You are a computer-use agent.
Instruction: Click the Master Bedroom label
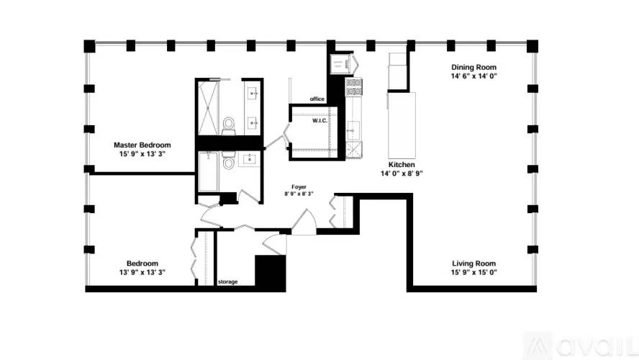pos(142,145)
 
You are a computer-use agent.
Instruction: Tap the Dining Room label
pos(473,67)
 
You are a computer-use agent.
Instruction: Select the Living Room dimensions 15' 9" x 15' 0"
pos(473,272)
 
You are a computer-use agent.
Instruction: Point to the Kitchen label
pos(402,164)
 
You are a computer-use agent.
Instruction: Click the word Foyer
pos(299,186)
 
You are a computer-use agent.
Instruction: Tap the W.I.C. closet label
pos(320,121)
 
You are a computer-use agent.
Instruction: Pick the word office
pos(317,99)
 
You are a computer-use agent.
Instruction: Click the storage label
pos(228,282)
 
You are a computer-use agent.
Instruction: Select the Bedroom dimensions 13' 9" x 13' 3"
pos(142,272)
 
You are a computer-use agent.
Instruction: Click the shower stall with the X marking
pos(208,108)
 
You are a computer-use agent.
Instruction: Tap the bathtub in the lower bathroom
pos(208,171)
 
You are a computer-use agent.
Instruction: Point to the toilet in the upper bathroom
pos(229,125)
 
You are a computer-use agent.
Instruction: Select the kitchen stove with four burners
pos(354,87)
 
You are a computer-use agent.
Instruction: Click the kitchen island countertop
pos(402,125)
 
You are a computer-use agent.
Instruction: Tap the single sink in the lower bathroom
pos(250,159)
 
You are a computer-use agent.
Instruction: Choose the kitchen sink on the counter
pos(353,130)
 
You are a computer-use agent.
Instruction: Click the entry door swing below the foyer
pos(304,222)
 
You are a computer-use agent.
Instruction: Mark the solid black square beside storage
pos(270,273)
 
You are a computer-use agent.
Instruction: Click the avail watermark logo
pos(581,346)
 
